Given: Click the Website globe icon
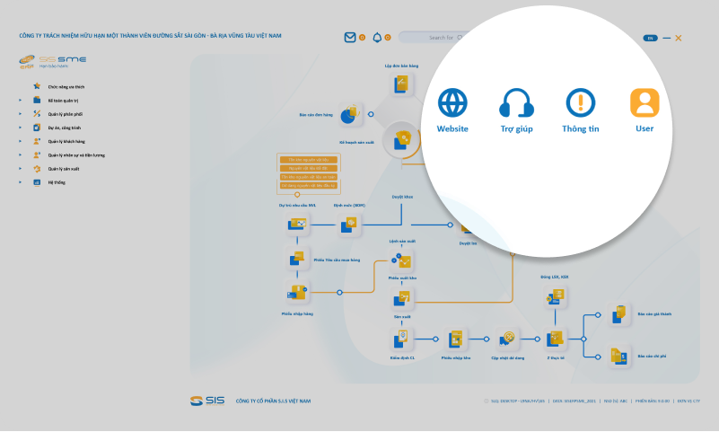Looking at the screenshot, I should point(452,103).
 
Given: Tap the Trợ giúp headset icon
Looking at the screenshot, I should point(517,104).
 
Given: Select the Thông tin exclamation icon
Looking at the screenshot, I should point(581,103).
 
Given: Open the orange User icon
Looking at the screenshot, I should point(644,103).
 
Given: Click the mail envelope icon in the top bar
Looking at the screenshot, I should point(350,38).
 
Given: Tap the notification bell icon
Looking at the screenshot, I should point(377,38).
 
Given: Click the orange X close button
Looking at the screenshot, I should point(679,38).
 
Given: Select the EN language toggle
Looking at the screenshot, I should point(650,38).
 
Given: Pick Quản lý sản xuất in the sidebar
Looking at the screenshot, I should point(64,168).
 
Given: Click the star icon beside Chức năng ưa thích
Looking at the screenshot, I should point(37,86).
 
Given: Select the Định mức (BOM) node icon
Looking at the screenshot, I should point(348,225).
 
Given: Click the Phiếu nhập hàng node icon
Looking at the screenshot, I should point(296,291).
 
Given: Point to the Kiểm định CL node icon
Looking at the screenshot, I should point(401,339).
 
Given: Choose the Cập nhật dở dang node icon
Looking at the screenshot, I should point(507,339).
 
